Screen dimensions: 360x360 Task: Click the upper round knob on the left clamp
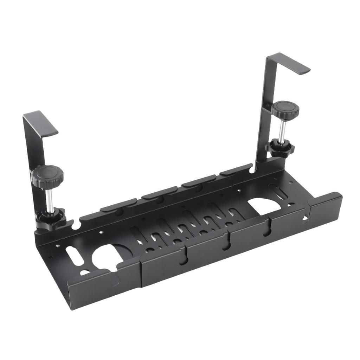point(47,173)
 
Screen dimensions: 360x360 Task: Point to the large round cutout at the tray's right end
point(265,206)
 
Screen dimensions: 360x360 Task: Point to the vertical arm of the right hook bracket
point(264,116)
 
